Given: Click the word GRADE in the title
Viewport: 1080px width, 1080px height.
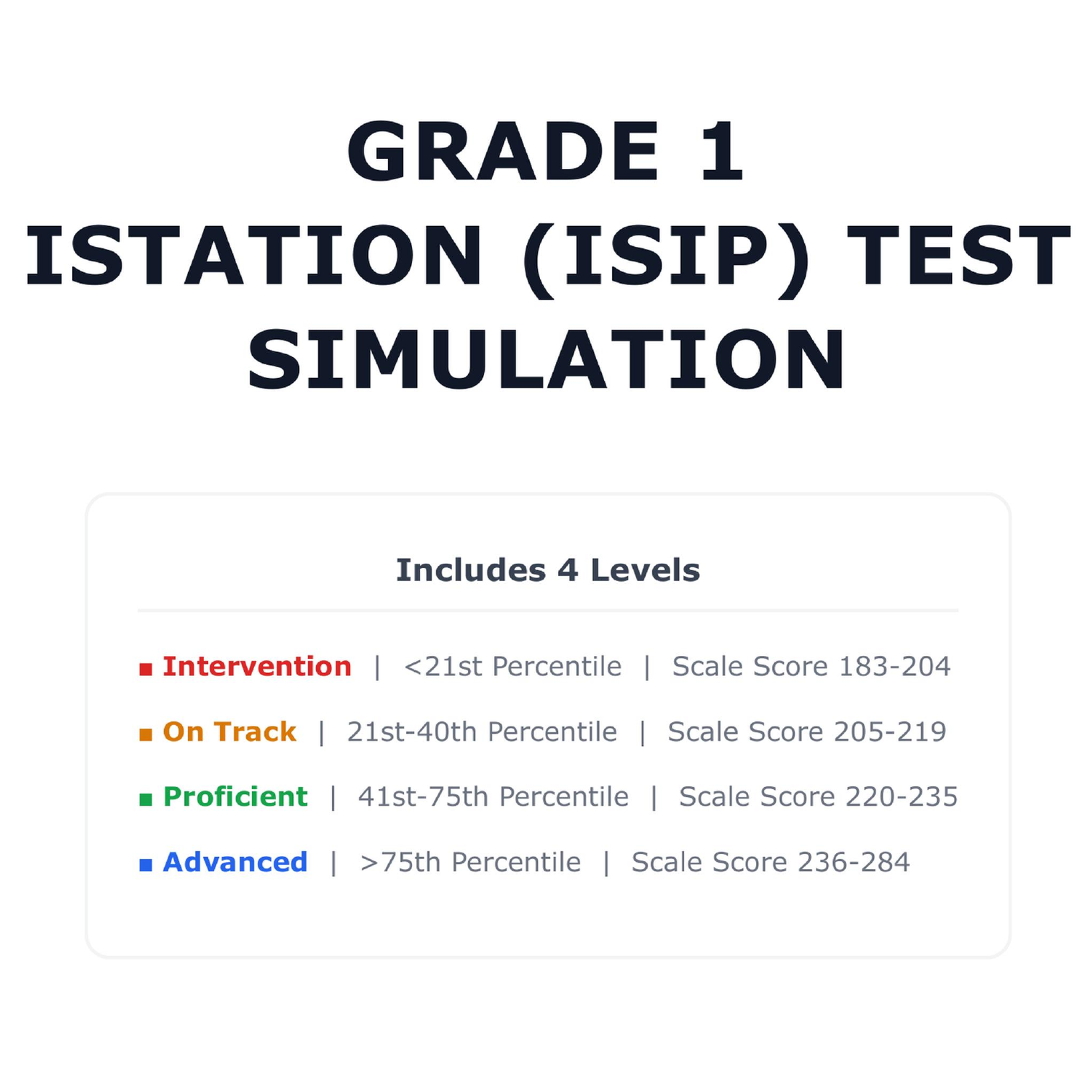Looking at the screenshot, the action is point(503,152).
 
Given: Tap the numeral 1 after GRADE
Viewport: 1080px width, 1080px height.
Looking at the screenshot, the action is point(721,152).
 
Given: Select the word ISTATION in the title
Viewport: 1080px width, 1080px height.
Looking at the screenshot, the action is point(253,256).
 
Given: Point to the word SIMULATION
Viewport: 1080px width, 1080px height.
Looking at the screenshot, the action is point(546,360).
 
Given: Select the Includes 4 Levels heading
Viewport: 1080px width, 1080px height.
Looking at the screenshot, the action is point(548,570).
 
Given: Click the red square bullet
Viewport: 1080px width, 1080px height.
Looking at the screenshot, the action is point(145,670).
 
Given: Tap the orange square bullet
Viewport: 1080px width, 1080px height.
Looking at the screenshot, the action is point(145,734).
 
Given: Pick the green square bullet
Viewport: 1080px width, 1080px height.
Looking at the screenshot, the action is point(145,799).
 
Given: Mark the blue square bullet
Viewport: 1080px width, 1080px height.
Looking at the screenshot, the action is point(145,865).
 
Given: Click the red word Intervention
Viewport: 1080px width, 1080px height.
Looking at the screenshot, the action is point(257,667).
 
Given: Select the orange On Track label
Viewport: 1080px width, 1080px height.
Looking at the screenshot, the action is point(230,732).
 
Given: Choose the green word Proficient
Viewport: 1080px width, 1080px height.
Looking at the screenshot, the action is point(235,797).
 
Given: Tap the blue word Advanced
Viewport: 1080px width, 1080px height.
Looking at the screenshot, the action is point(235,862).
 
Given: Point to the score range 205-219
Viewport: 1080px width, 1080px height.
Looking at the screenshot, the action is point(890,732).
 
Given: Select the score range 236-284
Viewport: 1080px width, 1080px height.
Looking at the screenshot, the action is point(854,862).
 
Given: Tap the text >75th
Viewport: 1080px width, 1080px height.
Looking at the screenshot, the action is point(400,862).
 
